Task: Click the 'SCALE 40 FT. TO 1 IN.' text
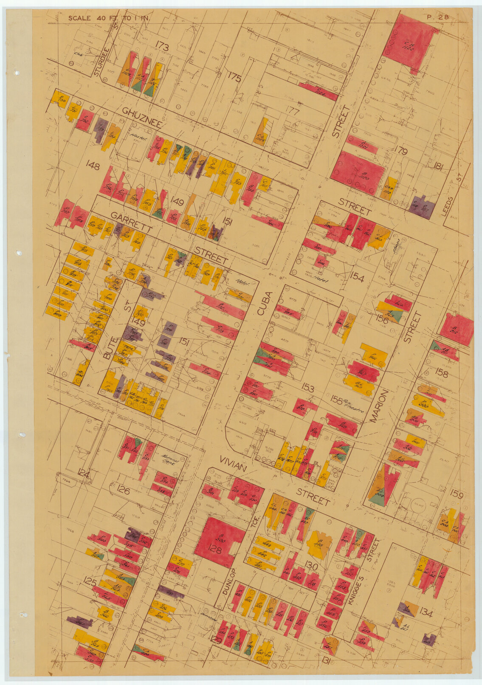[x=112, y=18]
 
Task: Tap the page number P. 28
[x=437, y=17]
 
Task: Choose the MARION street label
[x=379, y=406]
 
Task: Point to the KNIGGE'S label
[x=352, y=587]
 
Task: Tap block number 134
[x=426, y=613]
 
